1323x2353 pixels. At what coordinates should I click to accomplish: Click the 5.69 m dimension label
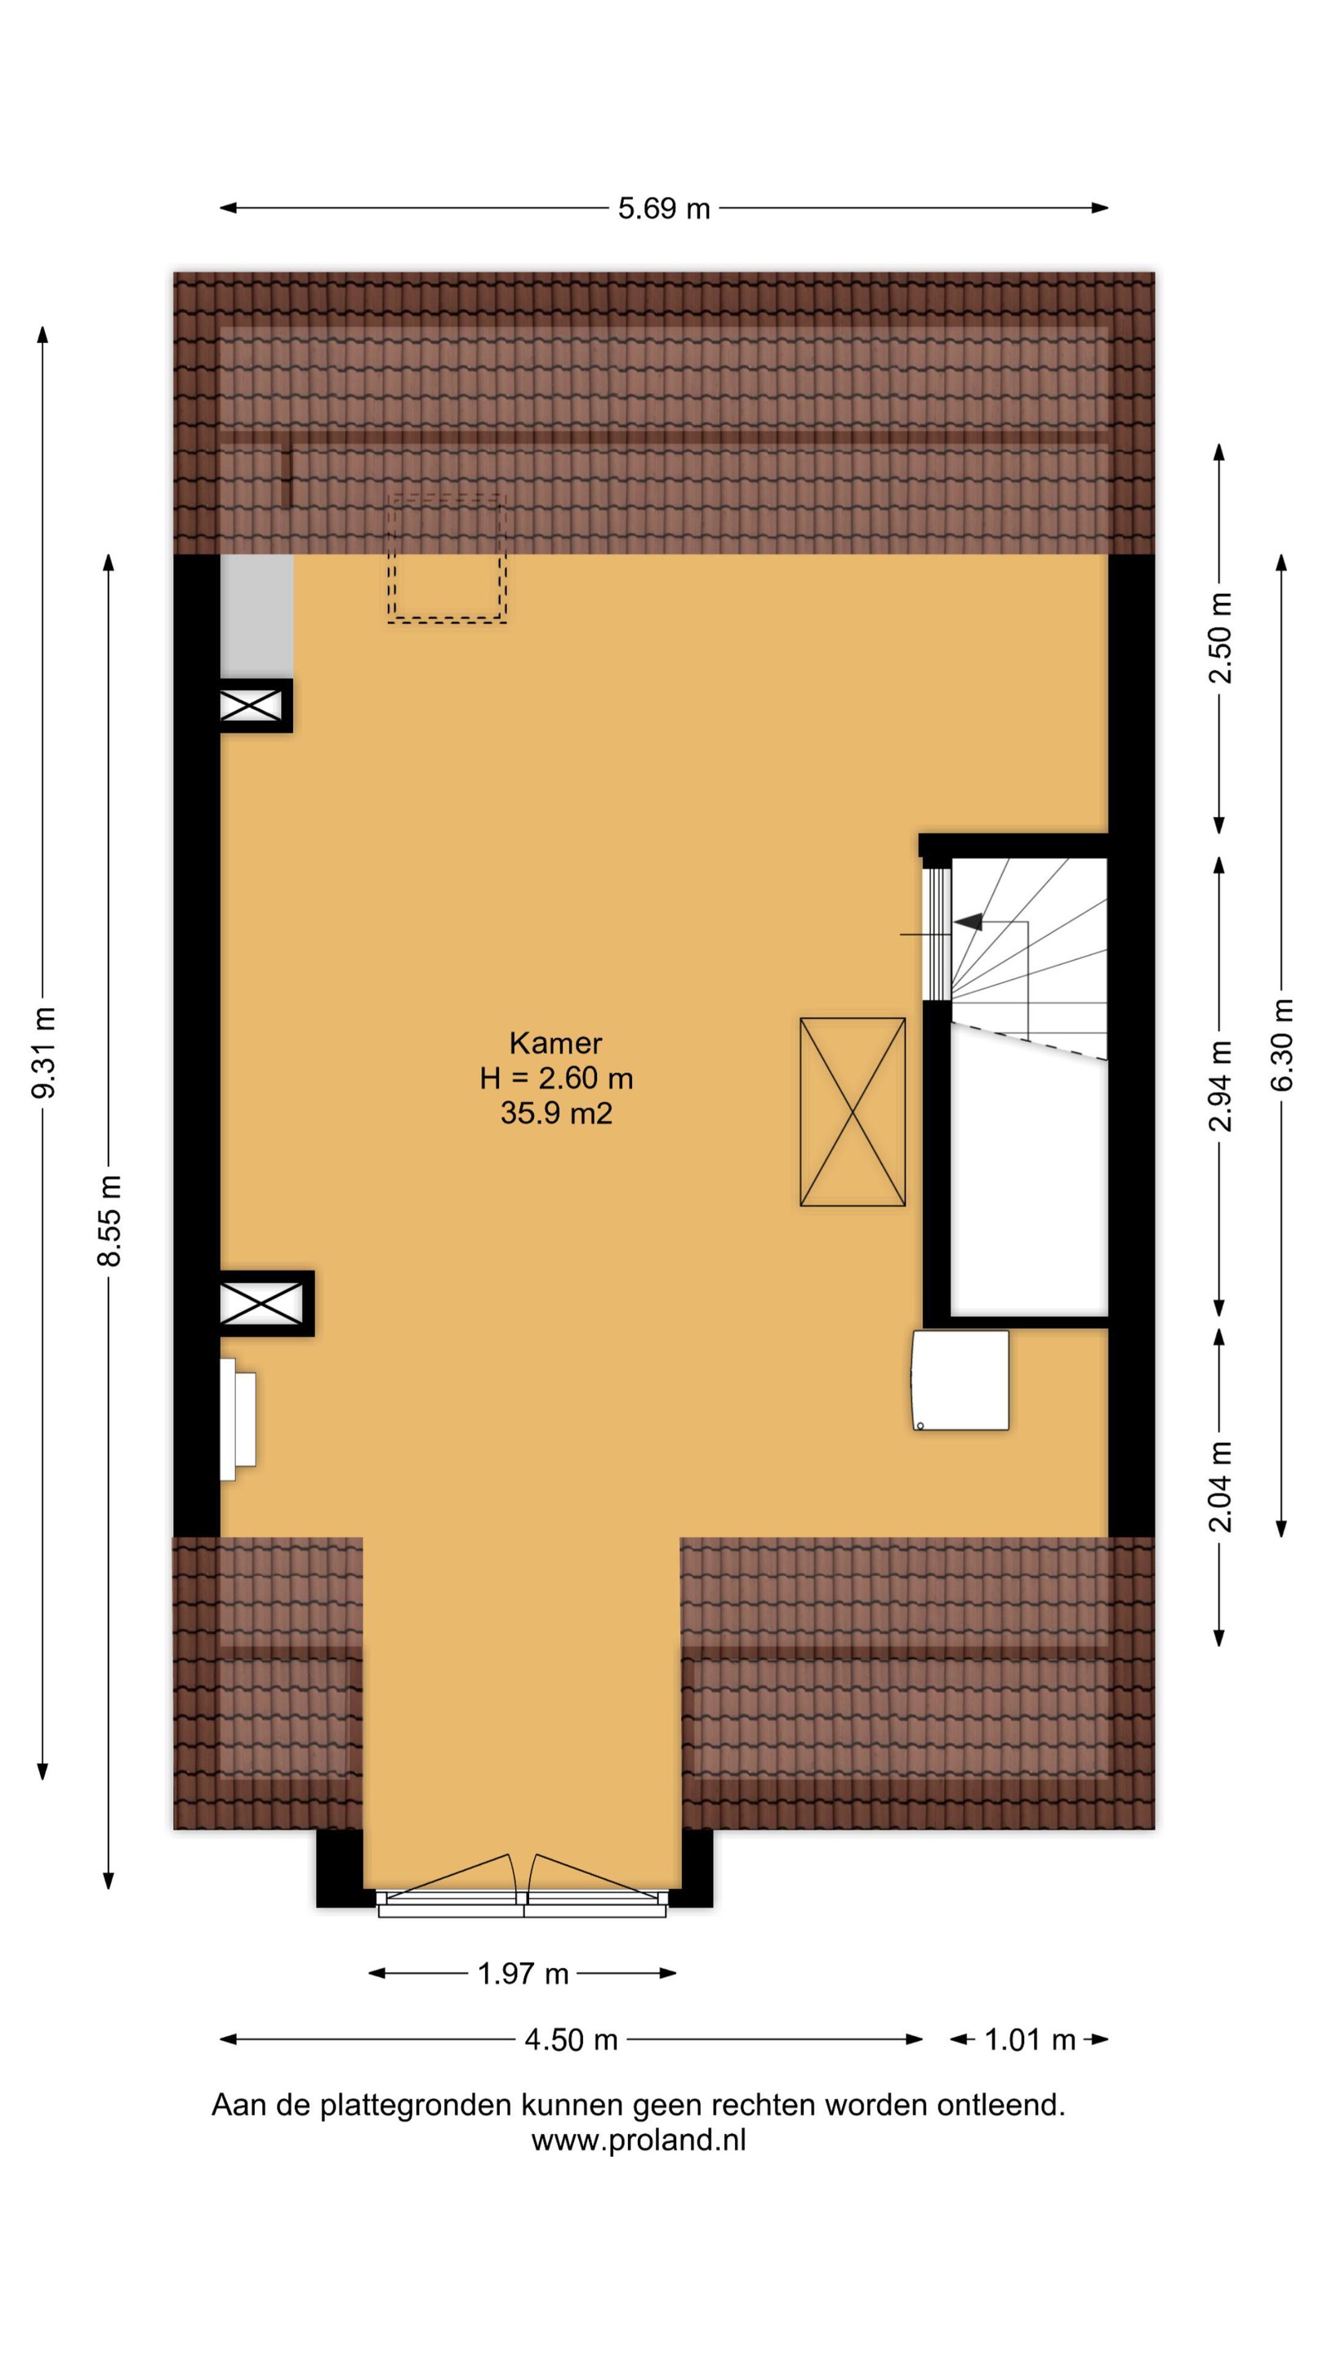(664, 209)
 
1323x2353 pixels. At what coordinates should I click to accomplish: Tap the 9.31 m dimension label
(44, 1052)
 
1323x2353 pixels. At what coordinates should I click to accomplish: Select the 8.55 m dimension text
(109, 1221)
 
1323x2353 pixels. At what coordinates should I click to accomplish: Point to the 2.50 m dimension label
(1220, 637)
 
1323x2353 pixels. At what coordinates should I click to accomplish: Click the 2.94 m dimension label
(1220, 1086)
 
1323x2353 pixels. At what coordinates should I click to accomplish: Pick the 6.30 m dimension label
(1282, 1045)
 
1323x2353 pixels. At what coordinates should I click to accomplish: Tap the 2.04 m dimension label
(1220, 1486)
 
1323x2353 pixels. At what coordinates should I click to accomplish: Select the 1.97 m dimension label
(523, 1974)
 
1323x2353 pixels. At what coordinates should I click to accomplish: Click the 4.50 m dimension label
(572, 2040)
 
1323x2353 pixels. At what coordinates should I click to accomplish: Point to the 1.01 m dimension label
(1030, 2040)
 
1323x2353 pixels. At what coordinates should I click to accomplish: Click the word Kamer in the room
(556, 1043)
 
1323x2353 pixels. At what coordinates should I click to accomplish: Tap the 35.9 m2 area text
(556, 1113)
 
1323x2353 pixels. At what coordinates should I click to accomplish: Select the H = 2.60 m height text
(556, 1078)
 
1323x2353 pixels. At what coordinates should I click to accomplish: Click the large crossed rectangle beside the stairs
(853, 1112)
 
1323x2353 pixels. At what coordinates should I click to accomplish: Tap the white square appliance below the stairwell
(960, 1380)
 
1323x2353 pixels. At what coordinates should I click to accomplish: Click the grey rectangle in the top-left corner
(256, 617)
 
